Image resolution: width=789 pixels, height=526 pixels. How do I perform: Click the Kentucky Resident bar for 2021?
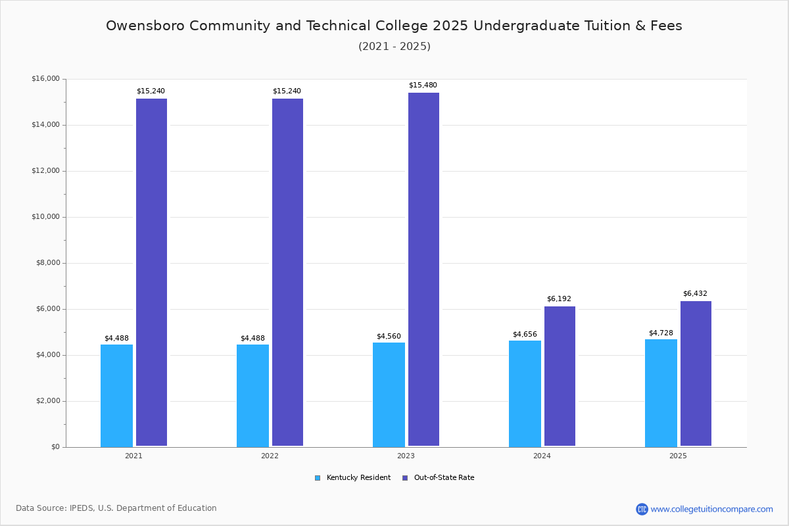click(x=116, y=395)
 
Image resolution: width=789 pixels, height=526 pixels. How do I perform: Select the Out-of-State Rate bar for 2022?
click(x=287, y=272)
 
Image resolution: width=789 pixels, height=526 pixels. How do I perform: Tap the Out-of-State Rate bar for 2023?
click(x=423, y=269)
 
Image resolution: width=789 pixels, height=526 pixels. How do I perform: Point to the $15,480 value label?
click(x=423, y=85)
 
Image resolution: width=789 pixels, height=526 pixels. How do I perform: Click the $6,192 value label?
click(x=559, y=299)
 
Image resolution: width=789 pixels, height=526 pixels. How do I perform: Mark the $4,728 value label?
click(x=661, y=333)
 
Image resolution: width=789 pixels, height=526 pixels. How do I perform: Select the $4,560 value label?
click(x=389, y=337)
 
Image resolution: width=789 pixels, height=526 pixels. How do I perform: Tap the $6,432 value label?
click(x=695, y=294)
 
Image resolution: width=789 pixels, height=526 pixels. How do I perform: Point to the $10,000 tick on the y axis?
click(x=45, y=217)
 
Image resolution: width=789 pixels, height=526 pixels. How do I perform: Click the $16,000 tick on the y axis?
click(x=45, y=79)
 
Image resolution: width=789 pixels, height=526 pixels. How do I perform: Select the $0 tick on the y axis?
click(x=55, y=447)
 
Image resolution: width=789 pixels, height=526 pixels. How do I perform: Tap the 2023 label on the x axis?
click(x=406, y=456)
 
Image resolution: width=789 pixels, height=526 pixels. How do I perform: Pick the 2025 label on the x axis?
click(x=678, y=456)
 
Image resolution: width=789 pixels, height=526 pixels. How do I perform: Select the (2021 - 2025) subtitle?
click(x=394, y=47)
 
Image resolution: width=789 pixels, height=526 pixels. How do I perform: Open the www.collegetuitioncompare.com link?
click(x=711, y=509)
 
